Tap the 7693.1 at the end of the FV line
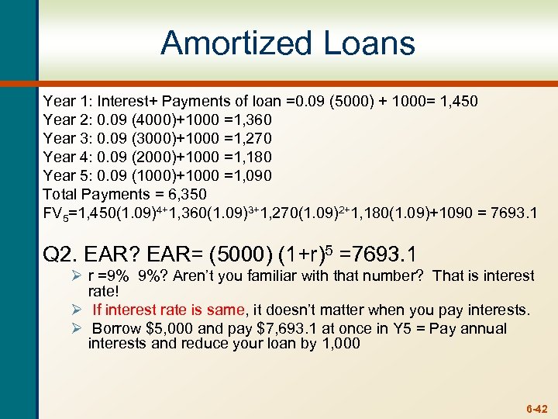click(515, 213)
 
